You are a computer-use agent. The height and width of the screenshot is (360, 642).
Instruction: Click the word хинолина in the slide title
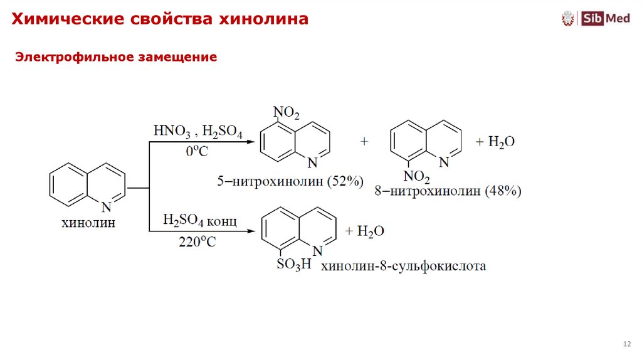(x=263, y=19)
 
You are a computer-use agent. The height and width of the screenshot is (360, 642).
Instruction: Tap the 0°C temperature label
(x=197, y=152)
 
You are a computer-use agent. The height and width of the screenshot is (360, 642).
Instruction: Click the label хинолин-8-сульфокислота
(x=404, y=266)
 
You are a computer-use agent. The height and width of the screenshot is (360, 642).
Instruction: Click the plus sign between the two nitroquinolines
(x=364, y=142)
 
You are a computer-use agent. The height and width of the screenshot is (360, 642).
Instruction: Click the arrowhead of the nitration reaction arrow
(x=253, y=142)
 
